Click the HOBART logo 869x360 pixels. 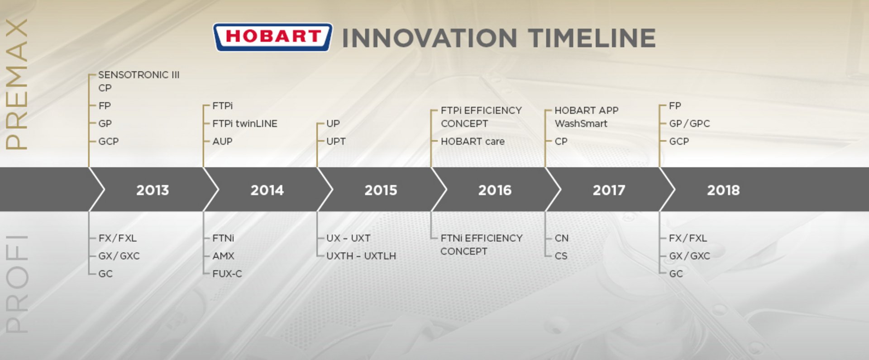pos(272,37)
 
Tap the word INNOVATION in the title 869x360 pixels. pos(430,38)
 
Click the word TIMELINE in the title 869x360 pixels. pos(592,38)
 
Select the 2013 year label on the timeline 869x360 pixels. pos(153,190)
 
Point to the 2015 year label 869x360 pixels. pos(381,190)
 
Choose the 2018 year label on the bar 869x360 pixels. pos(723,190)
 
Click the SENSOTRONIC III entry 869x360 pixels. pos(139,75)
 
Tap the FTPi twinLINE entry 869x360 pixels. pos(245,124)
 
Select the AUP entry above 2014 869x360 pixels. pos(222,141)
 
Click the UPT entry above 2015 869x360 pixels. pos(336,141)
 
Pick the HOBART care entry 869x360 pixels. pos(473,141)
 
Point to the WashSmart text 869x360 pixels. pos(581,124)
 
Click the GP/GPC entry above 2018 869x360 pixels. pos(689,124)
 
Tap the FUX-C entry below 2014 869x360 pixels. pos(227,274)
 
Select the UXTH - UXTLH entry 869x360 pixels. pos(361,256)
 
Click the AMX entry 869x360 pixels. pos(223,256)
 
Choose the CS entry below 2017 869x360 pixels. pos(561,256)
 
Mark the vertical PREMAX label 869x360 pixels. pos(17,84)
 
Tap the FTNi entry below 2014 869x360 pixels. pos(223,238)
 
